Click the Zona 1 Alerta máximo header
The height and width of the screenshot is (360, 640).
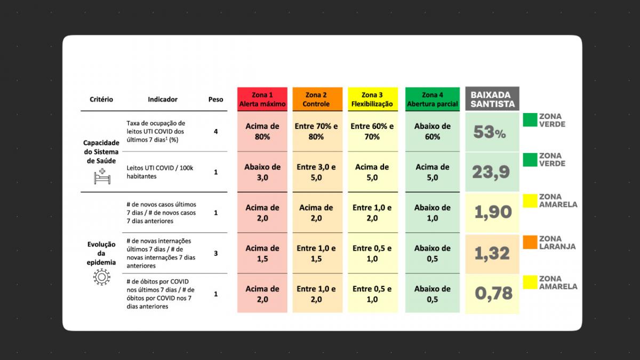[262, 99]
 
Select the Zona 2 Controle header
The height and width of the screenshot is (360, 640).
[317, 99]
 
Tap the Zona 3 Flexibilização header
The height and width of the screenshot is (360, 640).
[373, 99]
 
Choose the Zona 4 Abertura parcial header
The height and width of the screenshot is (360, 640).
[433, 99]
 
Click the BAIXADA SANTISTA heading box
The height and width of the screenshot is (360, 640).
[492, 99]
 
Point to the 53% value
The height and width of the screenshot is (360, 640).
[490, 132]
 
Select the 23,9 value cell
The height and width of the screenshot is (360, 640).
[492, 172]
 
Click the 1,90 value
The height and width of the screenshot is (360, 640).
[493, 212]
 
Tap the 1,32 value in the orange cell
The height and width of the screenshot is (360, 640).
[492, 253]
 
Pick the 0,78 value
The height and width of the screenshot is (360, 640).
[493, 293]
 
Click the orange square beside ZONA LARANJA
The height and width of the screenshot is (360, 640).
[530, 242]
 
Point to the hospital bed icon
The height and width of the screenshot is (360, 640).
[102, 177]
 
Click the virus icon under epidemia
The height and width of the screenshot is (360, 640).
[101, 277]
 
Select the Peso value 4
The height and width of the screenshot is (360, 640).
[215, 131]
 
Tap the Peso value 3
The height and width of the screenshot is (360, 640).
[215, 253]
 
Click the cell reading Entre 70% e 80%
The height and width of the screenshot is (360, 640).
[317, 131]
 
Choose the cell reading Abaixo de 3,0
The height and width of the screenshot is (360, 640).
[262, 172]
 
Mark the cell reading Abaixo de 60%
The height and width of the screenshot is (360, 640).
[433, 131]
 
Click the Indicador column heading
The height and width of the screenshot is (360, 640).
[163, 99]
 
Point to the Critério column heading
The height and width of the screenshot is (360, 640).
[101, 99]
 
